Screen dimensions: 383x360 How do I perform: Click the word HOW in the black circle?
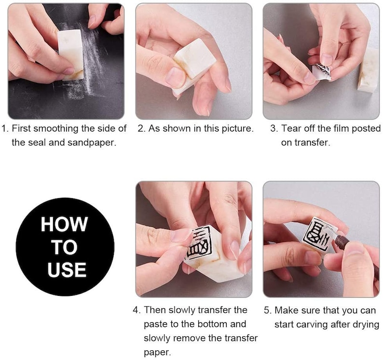coord(64,224)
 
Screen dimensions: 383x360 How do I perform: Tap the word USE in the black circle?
coord(67,269)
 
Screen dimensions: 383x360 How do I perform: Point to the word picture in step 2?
coord(237,128)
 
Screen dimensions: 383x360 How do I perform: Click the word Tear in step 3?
coord(291,128)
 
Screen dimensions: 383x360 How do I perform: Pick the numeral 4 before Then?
coord(136,310)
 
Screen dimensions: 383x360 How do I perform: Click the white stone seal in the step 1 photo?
coord(70,55)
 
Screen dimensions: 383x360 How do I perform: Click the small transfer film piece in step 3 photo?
coord(322,71)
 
